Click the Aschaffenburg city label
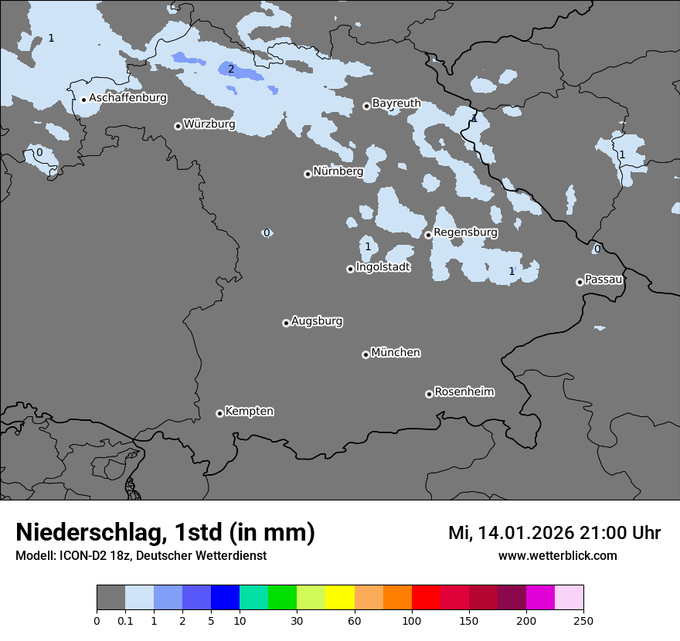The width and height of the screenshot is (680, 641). tap(127, 98)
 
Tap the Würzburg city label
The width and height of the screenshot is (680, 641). tap(209, 124)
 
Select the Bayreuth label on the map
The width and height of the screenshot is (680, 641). tap(396, 103)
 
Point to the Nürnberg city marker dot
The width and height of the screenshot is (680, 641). tap(308, 174)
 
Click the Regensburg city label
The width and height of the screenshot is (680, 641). tap(465, 232)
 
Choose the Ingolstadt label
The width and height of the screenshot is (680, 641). tap(382, 267)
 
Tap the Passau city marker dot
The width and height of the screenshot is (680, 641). tap(580, 282)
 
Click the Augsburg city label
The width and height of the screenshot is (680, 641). tap(317, 320)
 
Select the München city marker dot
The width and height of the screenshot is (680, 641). tap(365, 354)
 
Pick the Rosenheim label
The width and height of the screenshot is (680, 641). tap(464, 392)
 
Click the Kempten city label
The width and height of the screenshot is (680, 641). tap(249, 411)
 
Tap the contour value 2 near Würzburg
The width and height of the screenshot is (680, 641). tap(230, 70)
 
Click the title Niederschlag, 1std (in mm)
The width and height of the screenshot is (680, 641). tap(165, 533)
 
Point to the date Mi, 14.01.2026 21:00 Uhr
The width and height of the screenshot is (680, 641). tap(554, 533)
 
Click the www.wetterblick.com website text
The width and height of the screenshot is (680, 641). tap(557, 555)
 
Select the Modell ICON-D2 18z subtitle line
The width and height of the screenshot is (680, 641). tap(141, 555)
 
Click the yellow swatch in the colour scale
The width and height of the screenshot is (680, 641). tap(339, 598)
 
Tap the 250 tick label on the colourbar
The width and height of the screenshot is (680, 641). tap(583, 620)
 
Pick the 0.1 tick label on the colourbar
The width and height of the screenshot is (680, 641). tap(125, 620)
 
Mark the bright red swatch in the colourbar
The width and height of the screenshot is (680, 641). tap(425, 598)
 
